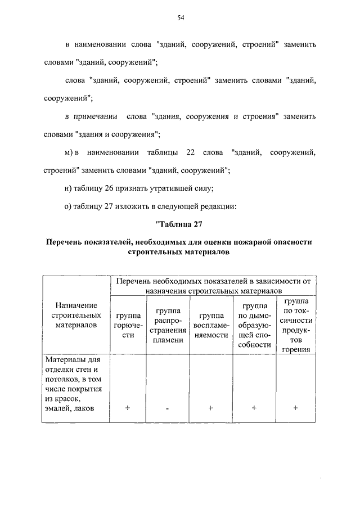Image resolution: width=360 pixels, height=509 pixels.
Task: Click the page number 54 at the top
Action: (181, 18)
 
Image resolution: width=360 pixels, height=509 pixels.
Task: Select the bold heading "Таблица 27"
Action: (181, 227)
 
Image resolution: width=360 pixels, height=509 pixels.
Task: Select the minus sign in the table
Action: (168, 409)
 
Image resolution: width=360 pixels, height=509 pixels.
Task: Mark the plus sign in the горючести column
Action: (128, 408)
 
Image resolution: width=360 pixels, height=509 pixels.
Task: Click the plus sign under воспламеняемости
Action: (210, 408)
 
